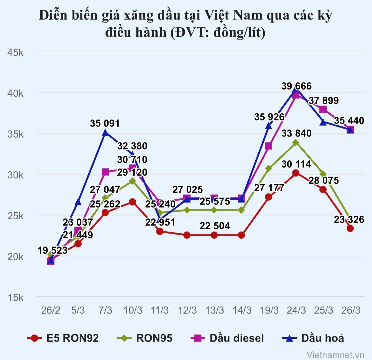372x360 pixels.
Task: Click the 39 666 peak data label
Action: point(296,86)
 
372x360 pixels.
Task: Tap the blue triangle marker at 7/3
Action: point(105,133)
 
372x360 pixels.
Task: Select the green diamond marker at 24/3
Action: point(296,142)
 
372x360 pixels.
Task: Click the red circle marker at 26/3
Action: point(350,228)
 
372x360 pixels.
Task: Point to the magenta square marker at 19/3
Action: point(269,146)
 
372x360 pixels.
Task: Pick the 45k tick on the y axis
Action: point(15,53)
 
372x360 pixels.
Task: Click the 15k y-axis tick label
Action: point(15,298)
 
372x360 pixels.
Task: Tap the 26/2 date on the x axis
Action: point(51,310)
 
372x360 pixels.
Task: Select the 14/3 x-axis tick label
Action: point(242,310)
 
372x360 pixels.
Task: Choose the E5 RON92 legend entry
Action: point(63,338)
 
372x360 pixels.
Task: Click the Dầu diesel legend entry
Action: point(227,338)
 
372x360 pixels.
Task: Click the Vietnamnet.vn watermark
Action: point(335,355)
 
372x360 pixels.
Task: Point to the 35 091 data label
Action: point(105,123)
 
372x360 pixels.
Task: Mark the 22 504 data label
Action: point(215,226)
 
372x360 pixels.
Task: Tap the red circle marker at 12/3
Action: point(187,235)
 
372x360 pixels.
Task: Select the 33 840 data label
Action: point(296,133)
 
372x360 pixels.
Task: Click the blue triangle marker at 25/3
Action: point(323,122)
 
